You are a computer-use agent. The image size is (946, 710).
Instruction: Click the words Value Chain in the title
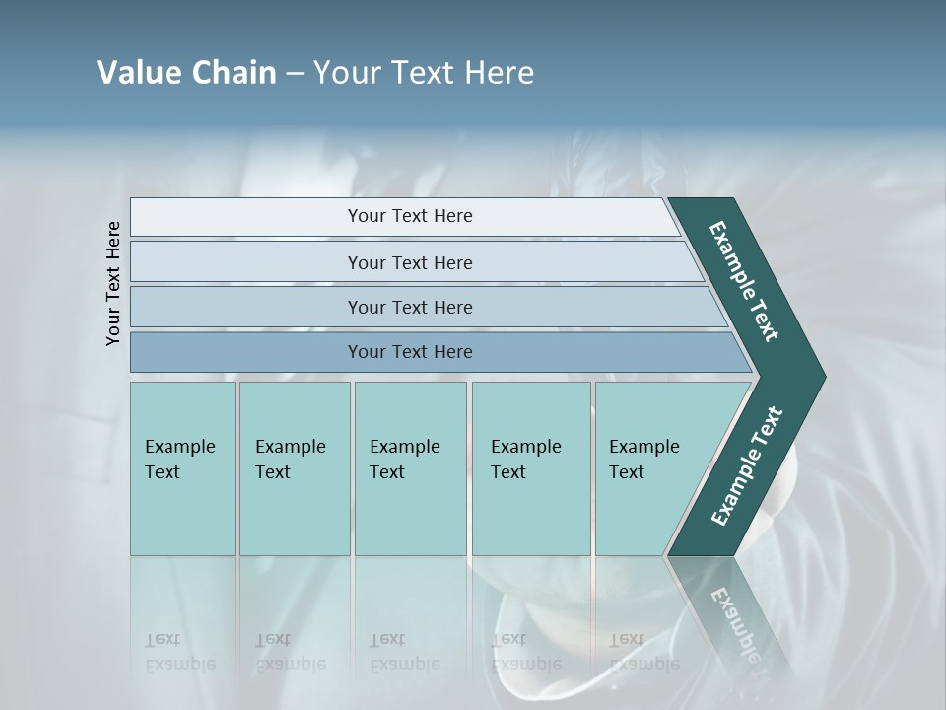click(x=186, y=73)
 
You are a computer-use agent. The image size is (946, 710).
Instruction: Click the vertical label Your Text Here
click(x=113, y=283)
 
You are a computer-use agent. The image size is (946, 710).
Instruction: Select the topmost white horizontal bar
click(x=246, y=217)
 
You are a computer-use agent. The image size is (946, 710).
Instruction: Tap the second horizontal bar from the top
click(x=246, y=262)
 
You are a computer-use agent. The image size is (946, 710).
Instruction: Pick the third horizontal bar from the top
click(x=246, y=307)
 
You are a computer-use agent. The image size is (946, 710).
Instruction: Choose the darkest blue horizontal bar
click(x=246, y=352)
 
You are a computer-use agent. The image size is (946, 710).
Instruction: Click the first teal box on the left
click(x=182, y=513)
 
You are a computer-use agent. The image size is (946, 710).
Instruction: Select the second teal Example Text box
click(x=295, y=513)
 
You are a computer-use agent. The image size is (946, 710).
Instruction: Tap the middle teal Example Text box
click(x=410, y=513)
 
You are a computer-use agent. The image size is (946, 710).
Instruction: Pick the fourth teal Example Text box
click(x=531, y=513)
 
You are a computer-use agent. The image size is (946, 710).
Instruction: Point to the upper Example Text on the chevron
click(x=744, y=281)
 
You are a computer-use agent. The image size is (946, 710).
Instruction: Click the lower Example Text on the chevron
click(x=746, y=466)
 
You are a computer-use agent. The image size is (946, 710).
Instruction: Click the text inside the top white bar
click(x=410, y=216)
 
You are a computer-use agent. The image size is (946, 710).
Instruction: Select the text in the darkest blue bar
click(x=410, y=352)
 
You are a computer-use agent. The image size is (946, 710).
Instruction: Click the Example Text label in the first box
click(x=179, y=460)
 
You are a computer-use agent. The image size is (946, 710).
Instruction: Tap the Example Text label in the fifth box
click(x=643, y=460)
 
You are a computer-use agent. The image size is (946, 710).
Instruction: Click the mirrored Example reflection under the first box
click(x=180, y=664)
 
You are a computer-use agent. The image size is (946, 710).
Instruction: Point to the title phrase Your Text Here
click(x=424, y=73)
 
